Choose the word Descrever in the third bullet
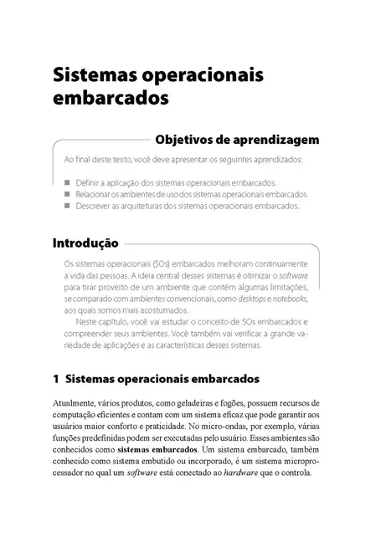(x=95, y=205)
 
